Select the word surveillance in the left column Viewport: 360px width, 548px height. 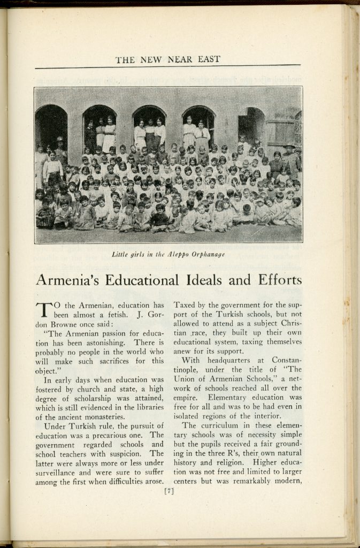click(x=59, y=473)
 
